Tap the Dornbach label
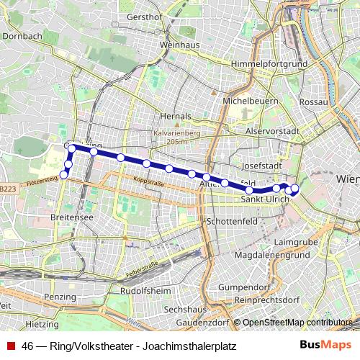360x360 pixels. pyautogui.click(x=22, y=34)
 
